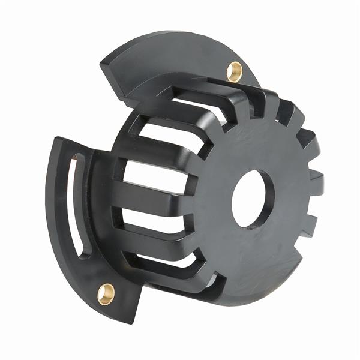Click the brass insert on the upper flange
click(x=234, y=71)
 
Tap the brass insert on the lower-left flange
click(x=106, y=293)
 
